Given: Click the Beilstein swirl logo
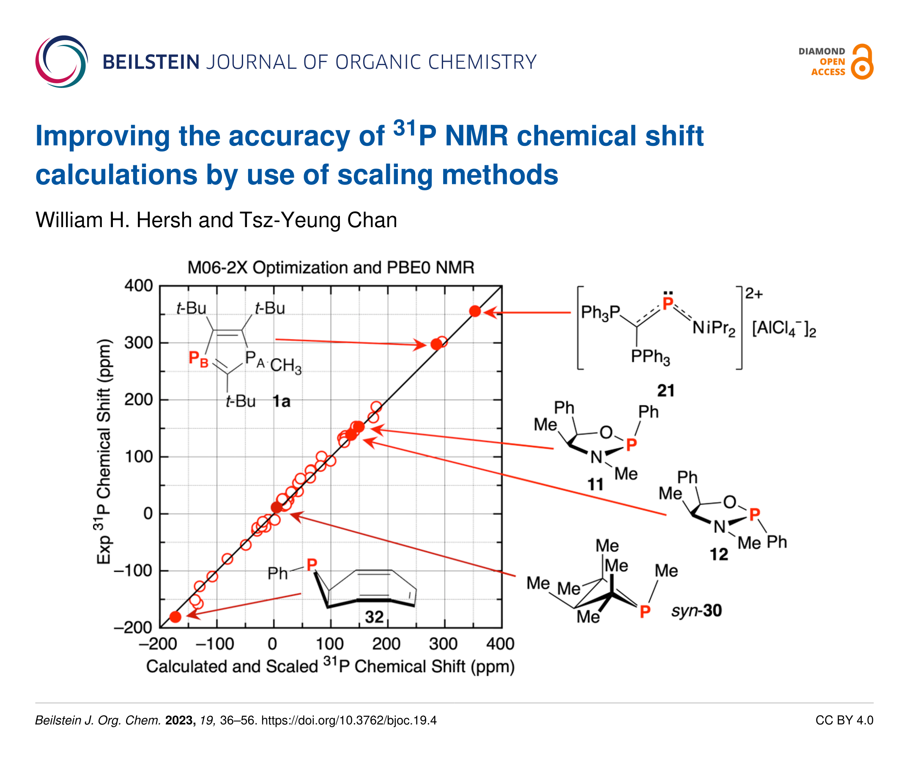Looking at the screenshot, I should (x=61, y=62).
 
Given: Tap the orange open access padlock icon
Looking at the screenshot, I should (x=862, y=62).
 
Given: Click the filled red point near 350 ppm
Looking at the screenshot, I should (x=475, y=311).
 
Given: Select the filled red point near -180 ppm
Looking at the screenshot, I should (x=175, y=616).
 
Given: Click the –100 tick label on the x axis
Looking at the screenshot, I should (x=215, y=644).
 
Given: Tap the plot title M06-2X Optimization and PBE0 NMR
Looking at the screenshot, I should (x=330, y=267).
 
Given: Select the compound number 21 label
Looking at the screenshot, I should (x=665, y=390).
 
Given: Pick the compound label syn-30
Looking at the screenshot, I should (x=696, y=611).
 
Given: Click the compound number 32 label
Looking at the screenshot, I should (x=374, y=616).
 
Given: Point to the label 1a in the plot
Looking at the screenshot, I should (x=281, y=401).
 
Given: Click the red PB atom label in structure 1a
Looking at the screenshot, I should (x=198, y=359).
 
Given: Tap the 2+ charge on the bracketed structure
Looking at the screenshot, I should (x=754, y=294).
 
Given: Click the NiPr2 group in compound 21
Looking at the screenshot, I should (x=713, y=328).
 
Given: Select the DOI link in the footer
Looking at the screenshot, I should (x=349, y=720).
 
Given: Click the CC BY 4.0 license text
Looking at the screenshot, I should (x=844, y=720).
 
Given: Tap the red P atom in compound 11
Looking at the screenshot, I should (x=631, y=444).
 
